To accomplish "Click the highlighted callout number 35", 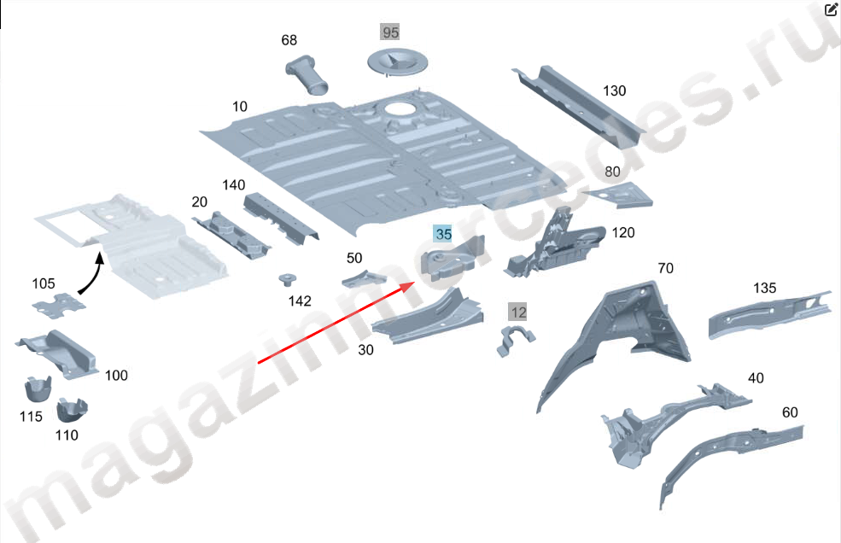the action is pos(443,234).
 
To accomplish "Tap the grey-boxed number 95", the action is pos(390,32).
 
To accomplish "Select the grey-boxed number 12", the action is pos(517,312).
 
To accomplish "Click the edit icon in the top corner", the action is pos(831,9).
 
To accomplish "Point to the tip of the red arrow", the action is pos(415,283).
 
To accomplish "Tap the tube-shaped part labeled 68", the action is pos(307,74).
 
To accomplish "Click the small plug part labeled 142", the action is pos(288,279).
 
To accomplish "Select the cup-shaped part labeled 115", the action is pos(38,389).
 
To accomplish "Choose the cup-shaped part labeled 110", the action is pos(72,410).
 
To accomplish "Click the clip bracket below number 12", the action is pos(515,341).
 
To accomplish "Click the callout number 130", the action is pos(614,90).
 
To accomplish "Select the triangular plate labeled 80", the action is pos(620,195).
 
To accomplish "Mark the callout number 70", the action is pos(665,268).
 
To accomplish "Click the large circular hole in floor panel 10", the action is pos(399,108).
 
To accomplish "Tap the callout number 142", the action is pos(300,301).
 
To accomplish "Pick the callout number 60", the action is pos(790,412).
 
